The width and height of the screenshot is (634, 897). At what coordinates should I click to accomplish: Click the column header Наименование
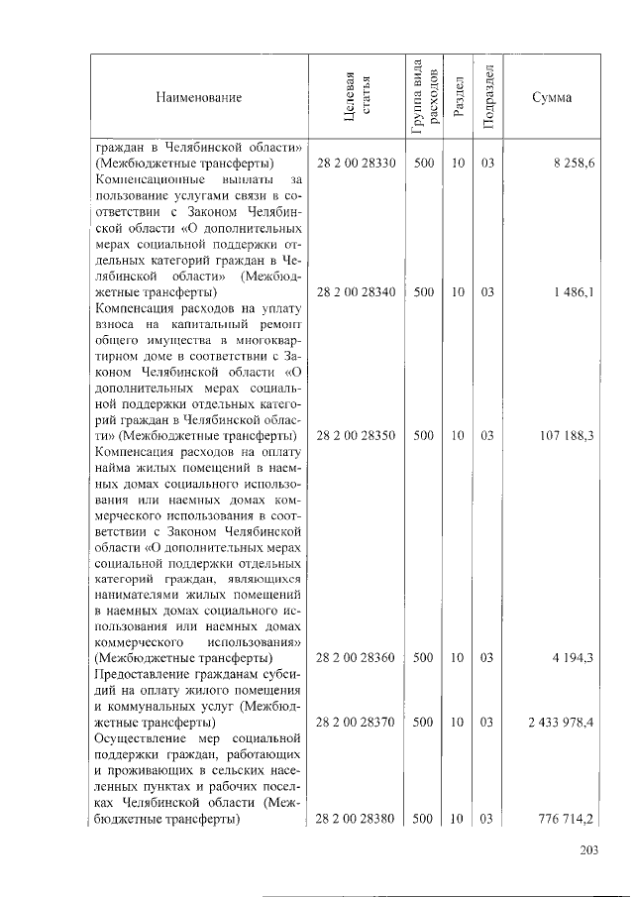(x=198, y=97)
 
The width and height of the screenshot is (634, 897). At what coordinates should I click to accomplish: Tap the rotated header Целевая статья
(x=356, y=97)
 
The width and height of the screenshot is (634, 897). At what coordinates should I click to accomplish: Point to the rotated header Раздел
(x=458, y=97)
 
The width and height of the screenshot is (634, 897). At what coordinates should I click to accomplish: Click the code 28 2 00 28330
(x=356, y=164)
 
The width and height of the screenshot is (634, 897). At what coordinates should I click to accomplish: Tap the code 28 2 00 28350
(x=356, y=435)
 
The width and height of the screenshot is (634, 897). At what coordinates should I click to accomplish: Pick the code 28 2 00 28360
(x=356, y=657)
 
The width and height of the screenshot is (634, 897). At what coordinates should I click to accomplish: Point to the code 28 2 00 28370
(x=356, y=723)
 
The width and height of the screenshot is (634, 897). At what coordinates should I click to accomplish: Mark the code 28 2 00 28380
(x=356, y=819)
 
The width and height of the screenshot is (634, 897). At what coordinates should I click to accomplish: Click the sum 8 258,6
(x=574, y=164)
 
